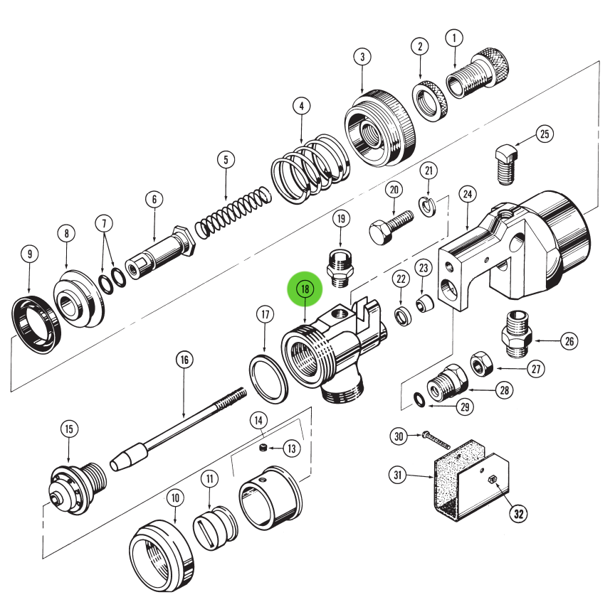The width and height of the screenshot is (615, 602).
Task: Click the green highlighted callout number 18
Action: (305, 289)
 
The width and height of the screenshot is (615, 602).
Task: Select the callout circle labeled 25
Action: (545, 133)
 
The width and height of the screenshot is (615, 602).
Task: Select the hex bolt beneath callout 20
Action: (389, 225)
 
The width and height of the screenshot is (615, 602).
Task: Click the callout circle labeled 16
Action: (184, 360)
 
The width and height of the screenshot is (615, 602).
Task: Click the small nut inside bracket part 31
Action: (492, 480)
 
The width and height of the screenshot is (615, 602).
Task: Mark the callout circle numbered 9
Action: (28, 253)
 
